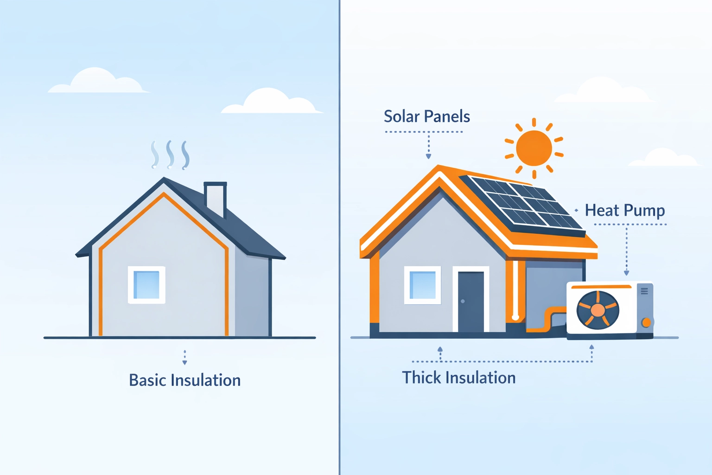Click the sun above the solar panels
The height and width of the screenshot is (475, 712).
[x=534, y=148]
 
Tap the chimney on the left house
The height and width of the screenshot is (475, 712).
[x=215, y=199]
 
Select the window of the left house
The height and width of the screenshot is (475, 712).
[x=146, y=285]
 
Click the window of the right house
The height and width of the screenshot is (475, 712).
[x=422, y=285]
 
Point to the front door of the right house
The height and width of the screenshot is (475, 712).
[x=470, y=302]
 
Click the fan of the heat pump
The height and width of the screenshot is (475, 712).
[x=598, y=310]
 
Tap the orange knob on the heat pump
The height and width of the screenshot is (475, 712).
[x=646, y=322]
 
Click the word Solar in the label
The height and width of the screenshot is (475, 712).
[x=401, y=116]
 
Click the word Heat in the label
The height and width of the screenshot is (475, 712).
[x=602, y=210]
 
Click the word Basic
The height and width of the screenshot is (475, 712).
[x=147, y=380]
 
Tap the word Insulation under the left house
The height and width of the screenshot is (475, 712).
[x=205, y=380]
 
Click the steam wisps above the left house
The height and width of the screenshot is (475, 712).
[x=170, y=154]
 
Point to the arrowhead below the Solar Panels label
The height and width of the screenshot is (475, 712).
[x=428, y=157]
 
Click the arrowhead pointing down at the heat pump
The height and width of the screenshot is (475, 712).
[x=626, y=273]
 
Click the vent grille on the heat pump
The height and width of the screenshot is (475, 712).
[x=644, y=291]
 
